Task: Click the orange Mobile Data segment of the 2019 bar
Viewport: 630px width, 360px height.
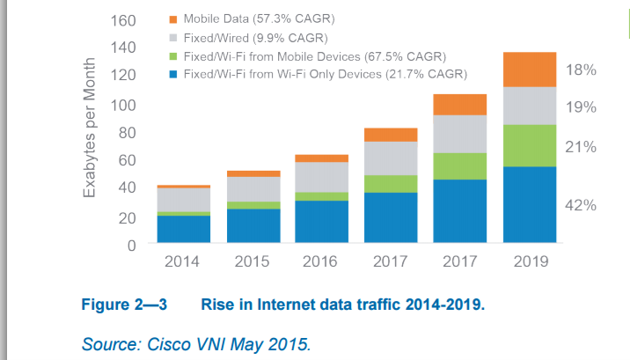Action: [x=530, y=70]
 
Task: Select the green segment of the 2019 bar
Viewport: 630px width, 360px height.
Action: [x=530, y=145]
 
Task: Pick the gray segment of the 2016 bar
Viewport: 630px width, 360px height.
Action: [x=321, y=177]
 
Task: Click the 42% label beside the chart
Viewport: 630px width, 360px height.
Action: [x=581, y=205]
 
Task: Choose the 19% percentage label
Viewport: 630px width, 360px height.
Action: [x=581, y=107]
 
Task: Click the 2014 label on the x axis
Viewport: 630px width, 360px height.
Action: [x=183, y=262]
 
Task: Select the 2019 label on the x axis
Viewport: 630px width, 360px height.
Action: [x=530, y=262]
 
